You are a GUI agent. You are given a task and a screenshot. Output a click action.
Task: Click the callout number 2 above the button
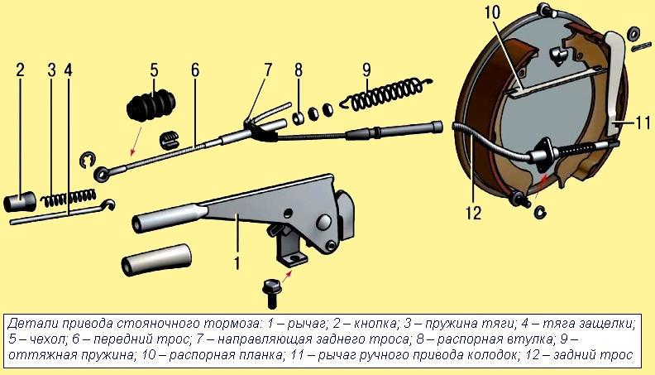point(21,70)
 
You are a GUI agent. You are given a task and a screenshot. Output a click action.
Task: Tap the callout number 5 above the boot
point(154,70)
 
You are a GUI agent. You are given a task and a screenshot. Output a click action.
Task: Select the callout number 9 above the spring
point(366,70)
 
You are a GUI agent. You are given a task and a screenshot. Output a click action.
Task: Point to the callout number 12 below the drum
point(474,213)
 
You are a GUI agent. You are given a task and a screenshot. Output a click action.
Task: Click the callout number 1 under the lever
point(237,262)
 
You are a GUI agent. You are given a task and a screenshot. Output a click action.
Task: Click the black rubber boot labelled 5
point(151,106)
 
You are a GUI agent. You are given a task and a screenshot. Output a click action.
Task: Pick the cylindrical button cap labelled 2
point(20,200)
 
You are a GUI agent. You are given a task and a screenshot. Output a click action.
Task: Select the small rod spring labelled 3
point(68,198)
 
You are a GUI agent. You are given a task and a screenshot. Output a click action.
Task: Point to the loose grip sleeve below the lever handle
point(156,260)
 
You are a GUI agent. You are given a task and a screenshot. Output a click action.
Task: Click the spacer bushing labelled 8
point(299,118)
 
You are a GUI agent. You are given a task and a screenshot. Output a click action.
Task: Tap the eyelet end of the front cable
point(102,174)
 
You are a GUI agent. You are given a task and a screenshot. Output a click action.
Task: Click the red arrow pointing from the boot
point(136,142)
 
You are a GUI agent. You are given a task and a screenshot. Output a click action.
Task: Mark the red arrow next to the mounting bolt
point(288,276)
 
